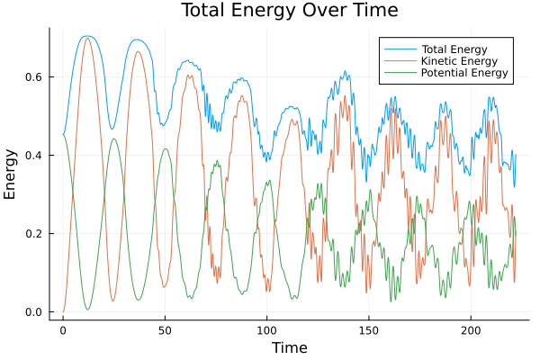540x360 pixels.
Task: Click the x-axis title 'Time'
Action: (x=289, y=347)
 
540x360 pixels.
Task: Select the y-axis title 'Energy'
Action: (x=11, y=174)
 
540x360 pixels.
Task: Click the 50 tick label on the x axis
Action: (x=165, y=330)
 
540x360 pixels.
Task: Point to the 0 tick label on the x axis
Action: (x=63, y=330)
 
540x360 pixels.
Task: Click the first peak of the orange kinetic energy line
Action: (x=87, y=38)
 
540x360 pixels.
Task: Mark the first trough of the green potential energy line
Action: (x=87, y=310)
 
